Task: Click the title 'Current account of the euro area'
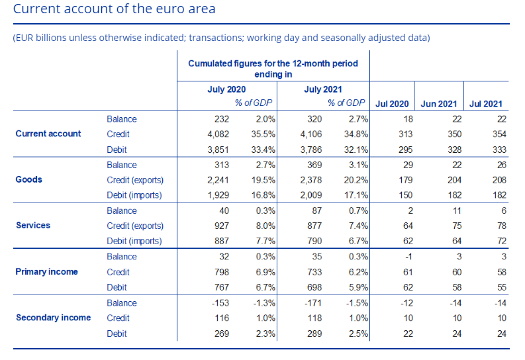pos(114,9)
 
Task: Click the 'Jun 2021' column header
pos(439,104)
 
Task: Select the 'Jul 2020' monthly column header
pos(392,104)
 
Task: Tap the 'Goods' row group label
pos(28,179)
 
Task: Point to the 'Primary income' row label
pos(46,272)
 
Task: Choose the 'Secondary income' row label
pos(53,318)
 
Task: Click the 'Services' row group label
pos(33,226)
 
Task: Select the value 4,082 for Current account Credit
pos(218,134)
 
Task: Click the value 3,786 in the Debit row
pos(311,150)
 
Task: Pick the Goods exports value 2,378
pos(311,180)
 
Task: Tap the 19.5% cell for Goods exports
pos(263,180)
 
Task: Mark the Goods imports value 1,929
pos(218,195)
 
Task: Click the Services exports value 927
pos(222,226)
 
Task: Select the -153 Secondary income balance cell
pos(220,303)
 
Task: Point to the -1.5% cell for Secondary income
pos(357,303)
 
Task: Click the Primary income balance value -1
pos(408,257)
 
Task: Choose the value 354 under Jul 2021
pos(499,134)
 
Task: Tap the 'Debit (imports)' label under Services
pos(134,241)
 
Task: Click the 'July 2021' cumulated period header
pos(323,89)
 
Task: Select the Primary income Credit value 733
pos(314,272)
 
